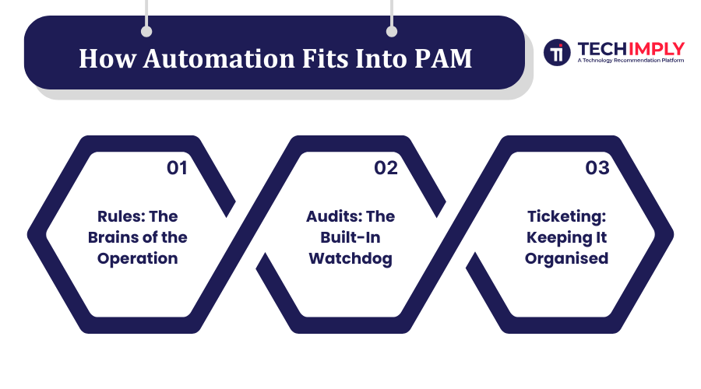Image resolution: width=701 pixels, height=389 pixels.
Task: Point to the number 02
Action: click(386, 168)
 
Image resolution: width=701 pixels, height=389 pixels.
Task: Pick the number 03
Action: click(597, 168)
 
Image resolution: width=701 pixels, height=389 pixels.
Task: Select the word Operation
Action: click(138, 258)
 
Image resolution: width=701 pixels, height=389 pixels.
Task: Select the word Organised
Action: click(566, 258)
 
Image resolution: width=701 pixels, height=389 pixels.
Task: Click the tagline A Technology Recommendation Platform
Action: click(630, 60)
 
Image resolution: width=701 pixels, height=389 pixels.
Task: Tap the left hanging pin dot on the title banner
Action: click(146, 32)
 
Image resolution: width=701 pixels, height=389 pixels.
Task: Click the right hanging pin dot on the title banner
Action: click(392, 32)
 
